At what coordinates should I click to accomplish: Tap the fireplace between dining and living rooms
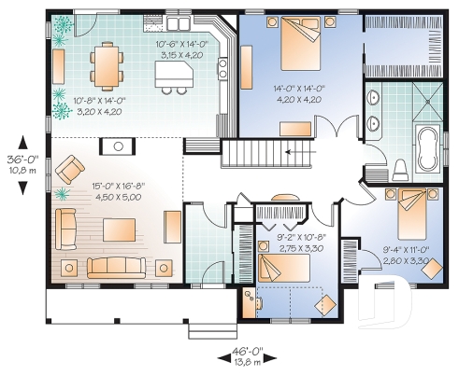click(x=119, y=145)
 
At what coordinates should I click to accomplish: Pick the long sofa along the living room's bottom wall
click(x=117, y=266)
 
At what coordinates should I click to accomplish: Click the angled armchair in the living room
click(x=68, y=170)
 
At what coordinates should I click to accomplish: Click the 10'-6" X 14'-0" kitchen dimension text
click(x=181, y=48)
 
